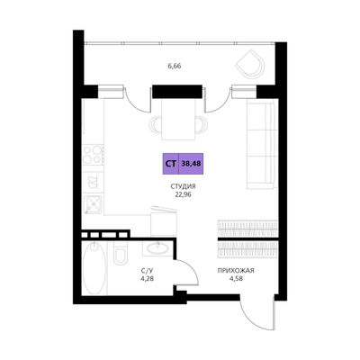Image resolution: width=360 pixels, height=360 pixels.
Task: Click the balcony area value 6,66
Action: (175, 67)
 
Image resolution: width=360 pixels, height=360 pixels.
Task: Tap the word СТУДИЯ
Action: (183, 186)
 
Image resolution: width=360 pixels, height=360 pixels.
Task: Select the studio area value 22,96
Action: (183, 194)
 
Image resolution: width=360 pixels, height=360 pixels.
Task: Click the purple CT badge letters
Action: (171, 164)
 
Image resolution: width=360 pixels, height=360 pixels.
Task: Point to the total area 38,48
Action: (191, 164)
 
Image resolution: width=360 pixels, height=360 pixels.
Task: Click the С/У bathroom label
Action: (145, 271)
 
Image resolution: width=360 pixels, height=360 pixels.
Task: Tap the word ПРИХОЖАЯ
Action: (236, 271)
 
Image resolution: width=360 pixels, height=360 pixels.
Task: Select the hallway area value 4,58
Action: (236, 278)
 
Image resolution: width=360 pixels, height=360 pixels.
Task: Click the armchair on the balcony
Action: (251, 64)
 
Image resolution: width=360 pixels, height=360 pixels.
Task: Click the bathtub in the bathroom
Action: (94, 267)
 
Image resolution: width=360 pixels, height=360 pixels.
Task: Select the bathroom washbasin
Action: (157, 248)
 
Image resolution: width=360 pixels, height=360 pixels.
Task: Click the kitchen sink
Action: (94, 204)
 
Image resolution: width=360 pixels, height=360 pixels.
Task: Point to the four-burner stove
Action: (94, 155)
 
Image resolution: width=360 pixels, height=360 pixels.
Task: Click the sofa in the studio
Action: (261, 145)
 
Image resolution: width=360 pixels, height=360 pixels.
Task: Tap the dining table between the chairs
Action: (178, 119)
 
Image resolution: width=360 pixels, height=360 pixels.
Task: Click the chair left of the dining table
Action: (156, 124)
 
